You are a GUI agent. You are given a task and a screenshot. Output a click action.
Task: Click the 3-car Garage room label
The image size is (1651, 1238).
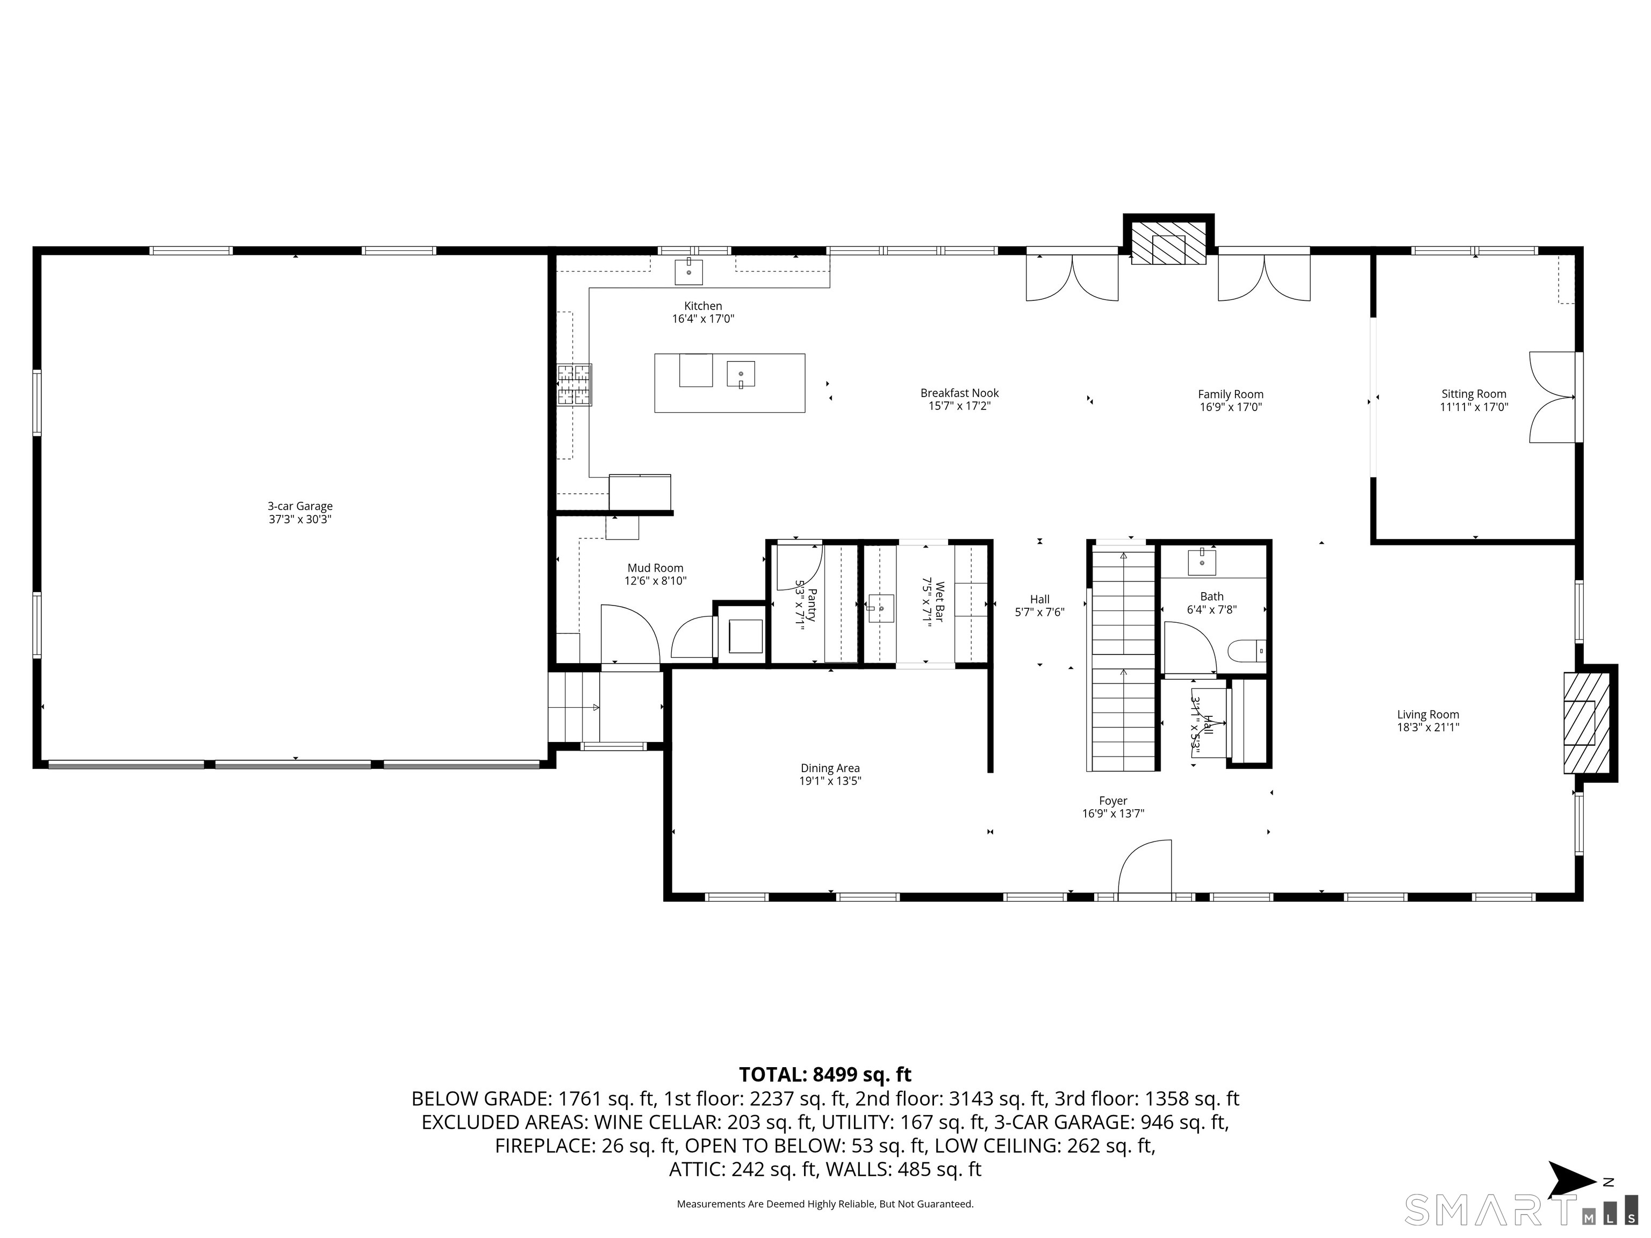click(300, 506)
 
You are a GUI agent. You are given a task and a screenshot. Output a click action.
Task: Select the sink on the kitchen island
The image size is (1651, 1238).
click(741, 373)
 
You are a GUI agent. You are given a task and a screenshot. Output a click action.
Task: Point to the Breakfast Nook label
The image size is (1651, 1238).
click(959, 393)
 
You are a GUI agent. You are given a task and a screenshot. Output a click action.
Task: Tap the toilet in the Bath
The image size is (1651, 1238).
click(1246, 651)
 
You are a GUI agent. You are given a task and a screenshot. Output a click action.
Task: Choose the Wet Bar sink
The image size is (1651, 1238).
click(881, 608)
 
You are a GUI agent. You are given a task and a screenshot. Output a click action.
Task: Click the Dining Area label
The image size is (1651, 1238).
click(830, 768)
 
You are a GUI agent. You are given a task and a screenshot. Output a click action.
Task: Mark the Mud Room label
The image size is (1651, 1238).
click(655, 568)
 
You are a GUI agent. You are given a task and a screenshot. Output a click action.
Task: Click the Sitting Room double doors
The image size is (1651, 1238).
click(1553, 397)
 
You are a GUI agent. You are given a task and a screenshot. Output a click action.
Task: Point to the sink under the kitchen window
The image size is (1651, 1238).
click(688, 272)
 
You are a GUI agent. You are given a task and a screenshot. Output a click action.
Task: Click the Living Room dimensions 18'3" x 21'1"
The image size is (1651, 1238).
click(1428, 727)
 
